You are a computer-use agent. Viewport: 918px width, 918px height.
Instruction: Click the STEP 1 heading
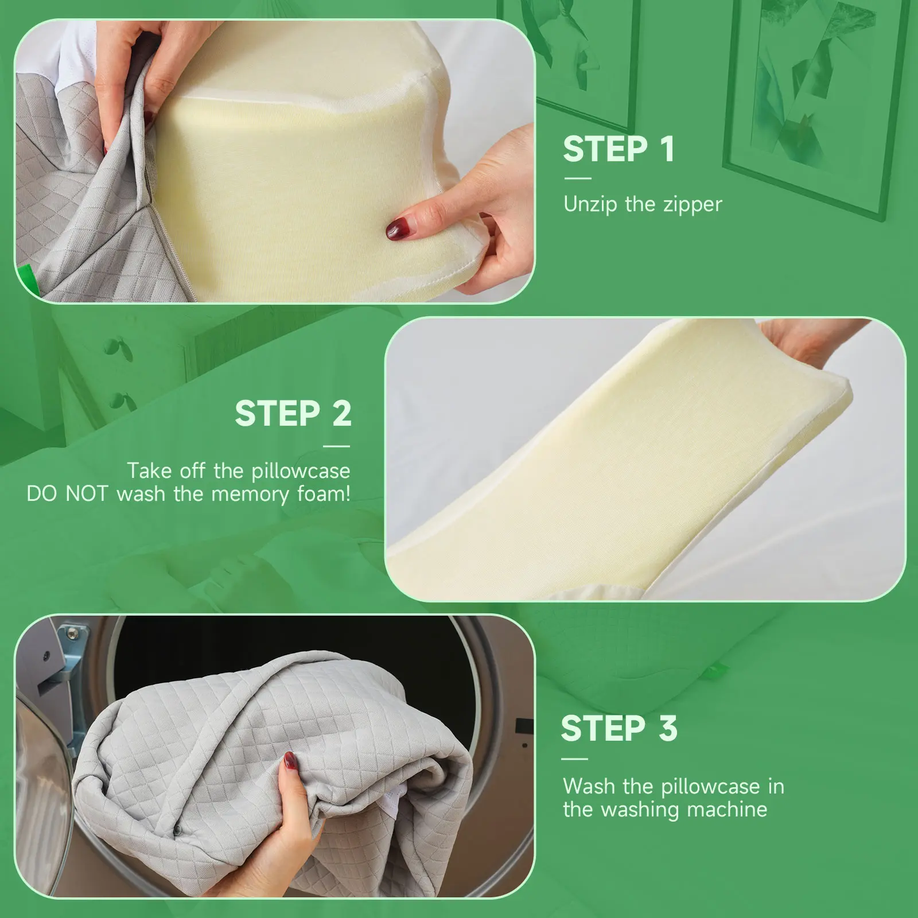pyautogui.click(x=619, y=149)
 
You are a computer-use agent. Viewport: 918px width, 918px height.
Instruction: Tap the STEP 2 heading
pyautogui.click(x=293, y=414)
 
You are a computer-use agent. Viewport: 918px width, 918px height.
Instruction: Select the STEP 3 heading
pyautogui.click(x=619, y=729)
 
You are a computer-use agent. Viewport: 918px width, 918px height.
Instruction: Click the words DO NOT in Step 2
pyautogui.click(x=67, y=494)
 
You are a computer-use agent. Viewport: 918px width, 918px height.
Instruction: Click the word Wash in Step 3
pyautogui.click(x=589, y=786)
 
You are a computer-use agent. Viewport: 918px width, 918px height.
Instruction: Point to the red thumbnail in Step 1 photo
pyautogui.click(x=397, y=229)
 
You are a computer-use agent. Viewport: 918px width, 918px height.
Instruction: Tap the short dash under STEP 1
pyautogui.click(x=577, y=178)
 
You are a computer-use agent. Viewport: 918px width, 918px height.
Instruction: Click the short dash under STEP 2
pyautogui.click(x=337, y=446)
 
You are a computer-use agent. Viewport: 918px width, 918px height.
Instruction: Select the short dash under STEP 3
pyautogui.click(x=575, y=759)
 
